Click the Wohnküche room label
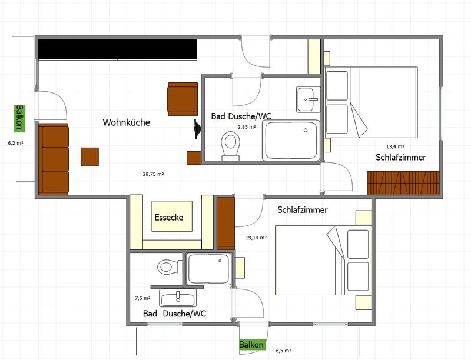point(126,122)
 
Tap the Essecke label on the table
point(169,217)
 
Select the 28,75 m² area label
point(153,174)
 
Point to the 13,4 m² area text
point(395,146)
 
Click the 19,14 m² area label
point(256,238)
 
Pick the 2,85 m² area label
point(247,127)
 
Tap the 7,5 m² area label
point(142,298)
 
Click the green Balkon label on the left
point(19,118)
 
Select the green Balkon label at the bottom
point(251,345)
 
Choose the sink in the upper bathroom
point(309,99)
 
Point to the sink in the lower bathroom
point(178,298)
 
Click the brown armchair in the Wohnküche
point(183,99)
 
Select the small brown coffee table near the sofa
point(90,156)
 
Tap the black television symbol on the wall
point(197,129)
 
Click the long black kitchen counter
point(118,49)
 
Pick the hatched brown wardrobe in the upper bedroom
point(403,183)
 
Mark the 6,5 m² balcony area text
point(283,351)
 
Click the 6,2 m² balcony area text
point(16,143)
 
